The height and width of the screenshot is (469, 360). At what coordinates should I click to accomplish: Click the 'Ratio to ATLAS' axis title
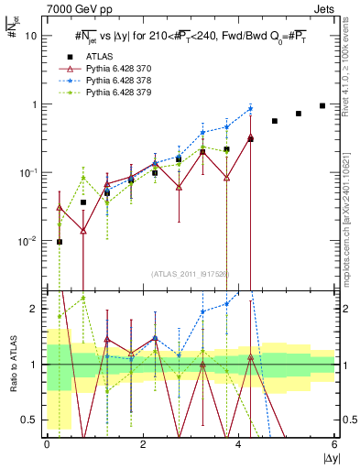[x=12, y=365]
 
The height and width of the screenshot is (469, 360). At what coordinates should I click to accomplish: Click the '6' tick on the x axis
[x=335, y=443]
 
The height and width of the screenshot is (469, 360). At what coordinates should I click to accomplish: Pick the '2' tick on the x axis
[x=143, y=443]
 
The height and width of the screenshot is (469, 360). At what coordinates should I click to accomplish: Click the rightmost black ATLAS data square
[x=322, y=105]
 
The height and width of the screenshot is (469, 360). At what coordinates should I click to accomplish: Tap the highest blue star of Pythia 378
[x=250, y=109]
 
